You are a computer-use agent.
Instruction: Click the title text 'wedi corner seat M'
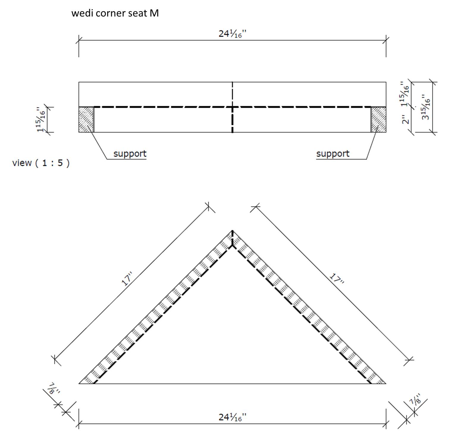115,13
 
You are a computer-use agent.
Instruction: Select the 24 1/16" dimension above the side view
232,34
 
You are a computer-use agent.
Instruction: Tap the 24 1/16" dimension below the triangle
232,417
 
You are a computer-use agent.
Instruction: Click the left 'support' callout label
130,154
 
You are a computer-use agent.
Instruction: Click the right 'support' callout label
333,154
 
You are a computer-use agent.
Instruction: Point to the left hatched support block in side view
86,120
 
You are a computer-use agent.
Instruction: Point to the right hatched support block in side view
379,120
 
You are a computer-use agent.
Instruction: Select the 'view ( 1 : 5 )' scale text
41,163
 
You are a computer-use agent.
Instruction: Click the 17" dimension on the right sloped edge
337,279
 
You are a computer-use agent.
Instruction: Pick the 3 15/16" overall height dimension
426,107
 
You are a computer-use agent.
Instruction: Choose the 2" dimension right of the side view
405,120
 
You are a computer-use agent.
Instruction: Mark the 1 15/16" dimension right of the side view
405,94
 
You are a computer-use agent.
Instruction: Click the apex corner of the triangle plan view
232,230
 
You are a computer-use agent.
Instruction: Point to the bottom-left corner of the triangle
79,384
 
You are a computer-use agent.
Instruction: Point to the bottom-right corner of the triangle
386,384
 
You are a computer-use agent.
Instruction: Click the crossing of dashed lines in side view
232,107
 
